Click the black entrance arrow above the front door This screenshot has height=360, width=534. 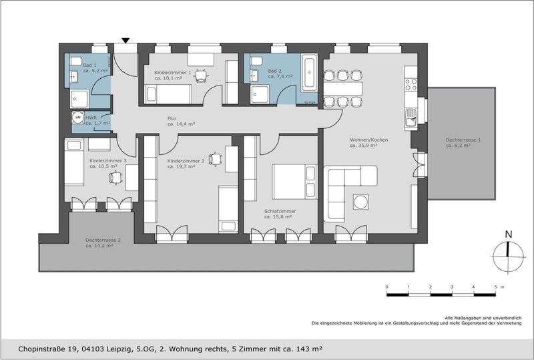pos(125,41)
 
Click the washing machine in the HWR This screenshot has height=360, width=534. pos(78,118)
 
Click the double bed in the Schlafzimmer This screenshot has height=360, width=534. pos(294,182)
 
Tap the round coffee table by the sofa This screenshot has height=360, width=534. pos(360,202)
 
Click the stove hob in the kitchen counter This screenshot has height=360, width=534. pos(411,84)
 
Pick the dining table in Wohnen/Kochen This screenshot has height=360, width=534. pos(342,89)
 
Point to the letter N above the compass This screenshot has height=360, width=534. pos(509,234)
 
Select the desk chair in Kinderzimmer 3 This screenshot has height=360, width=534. pos(116,178)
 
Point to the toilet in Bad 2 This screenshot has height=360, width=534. pos(256,61)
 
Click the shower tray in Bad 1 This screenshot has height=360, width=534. pos(79,99)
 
